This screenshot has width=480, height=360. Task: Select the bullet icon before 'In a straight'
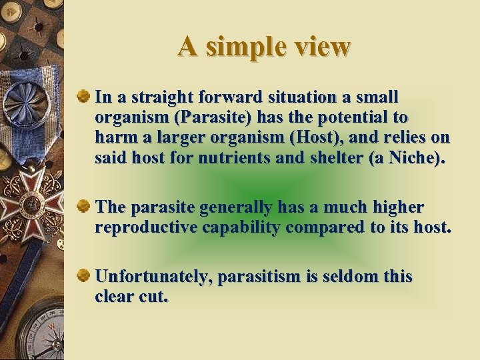pyautogui.click(x=84, y=97)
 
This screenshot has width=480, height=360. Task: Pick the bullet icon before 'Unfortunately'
pyautogui.click(x=84, y=276)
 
